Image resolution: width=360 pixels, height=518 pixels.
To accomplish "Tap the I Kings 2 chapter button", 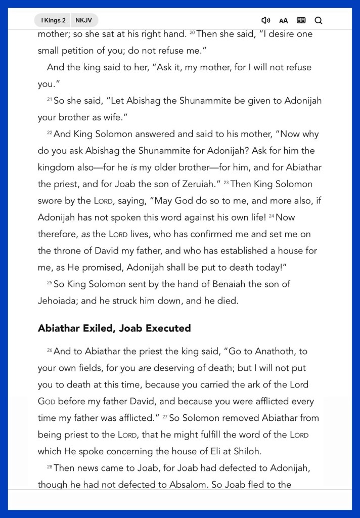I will [x=53, y=20].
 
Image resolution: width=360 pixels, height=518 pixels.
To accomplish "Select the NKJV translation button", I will [x=84, y=20].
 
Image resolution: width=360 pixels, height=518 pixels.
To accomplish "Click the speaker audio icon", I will [x=265, y=20].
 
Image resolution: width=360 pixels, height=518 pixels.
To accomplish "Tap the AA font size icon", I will [x=283, y=21].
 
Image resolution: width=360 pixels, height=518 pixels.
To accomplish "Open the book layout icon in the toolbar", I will [x=301, y=20].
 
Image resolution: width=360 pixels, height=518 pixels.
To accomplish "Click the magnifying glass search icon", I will [x=319, y=20].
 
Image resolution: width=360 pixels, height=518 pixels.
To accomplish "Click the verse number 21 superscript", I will [x=50, y=100].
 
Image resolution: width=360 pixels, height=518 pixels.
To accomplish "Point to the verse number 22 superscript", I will [x=50, y=133].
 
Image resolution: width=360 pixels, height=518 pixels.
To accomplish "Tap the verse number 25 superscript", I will [x=50, y=283].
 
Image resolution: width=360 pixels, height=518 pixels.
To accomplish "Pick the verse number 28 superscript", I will [x=50, y=467].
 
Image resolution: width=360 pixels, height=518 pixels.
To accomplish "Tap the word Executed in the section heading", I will [x=168, y=328].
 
